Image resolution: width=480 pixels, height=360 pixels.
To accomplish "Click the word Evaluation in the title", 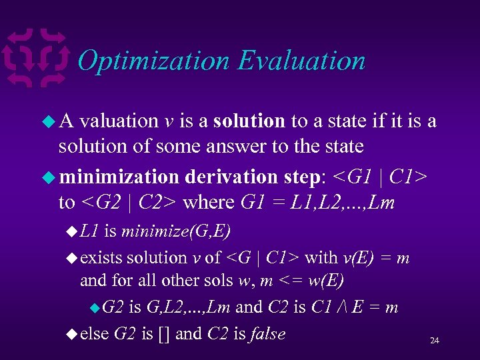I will pos(301,61).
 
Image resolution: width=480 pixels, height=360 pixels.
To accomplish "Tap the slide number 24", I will pos(434,341).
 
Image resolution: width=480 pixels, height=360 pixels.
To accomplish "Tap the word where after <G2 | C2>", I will pos(207,201).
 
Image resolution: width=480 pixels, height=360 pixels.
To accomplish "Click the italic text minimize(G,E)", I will pos(176,231).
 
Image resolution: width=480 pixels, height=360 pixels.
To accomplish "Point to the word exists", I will pos(101,257).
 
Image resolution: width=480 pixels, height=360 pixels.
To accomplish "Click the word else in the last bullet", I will pos(95,333).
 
